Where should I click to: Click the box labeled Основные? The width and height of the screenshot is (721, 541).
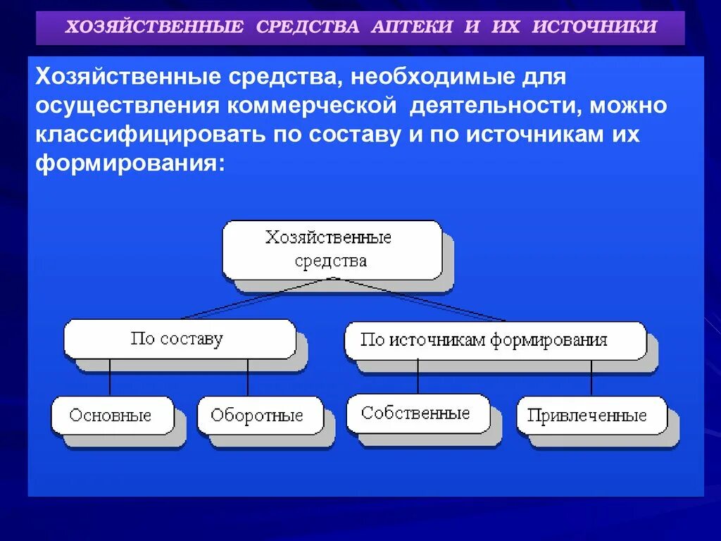pyautogui.click(x=111, y=415)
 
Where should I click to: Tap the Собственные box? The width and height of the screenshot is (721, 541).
pyautogui.click(x=416, y=413)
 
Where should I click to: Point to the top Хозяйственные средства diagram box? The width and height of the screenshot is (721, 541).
pyautogui.click(x=331, y=249)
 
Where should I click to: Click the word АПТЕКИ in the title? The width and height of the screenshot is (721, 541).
pyautogui.click(x=410, y=27)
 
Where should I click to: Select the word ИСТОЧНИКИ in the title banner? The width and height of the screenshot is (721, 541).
pyautogui.click(x=595, y=27)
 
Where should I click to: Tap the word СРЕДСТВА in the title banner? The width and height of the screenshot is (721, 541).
pyautogui.click(x=308, y=27)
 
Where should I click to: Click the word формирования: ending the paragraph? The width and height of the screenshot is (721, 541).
pyautogui.click(x=130, y=163)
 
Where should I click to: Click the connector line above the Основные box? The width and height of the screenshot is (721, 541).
pyautogui.click(x=109, y=378)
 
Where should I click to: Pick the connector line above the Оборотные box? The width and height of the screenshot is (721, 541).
pyautogui.click(x=248, y=378)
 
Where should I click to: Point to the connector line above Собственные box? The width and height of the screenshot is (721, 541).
pyautogui.click(x=418, y=377)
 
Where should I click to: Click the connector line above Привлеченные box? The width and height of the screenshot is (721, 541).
pyautogui.click(x=591, y=378)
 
